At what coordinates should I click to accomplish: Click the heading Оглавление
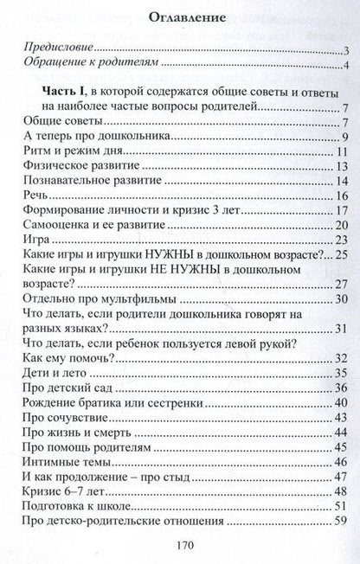pyautogui.click(x=180, y=15)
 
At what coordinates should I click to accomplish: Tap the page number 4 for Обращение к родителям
pyautogui.click(x=344, y=67)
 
